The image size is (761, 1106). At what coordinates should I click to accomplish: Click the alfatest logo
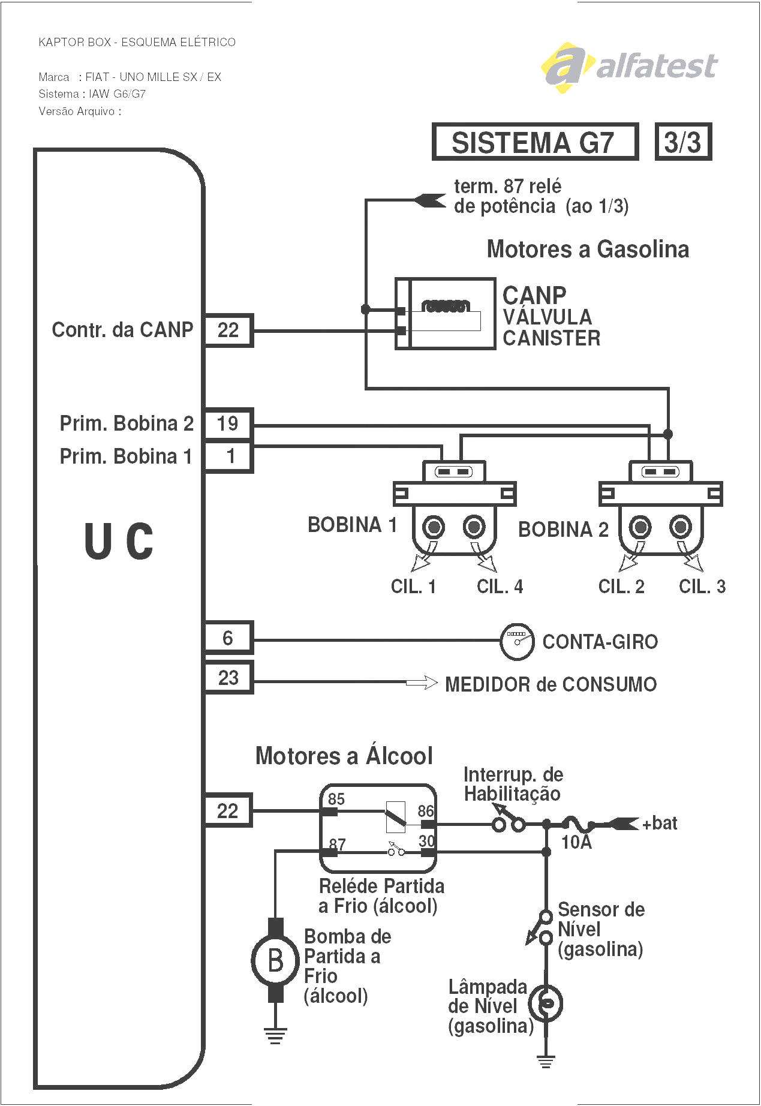(630, 67)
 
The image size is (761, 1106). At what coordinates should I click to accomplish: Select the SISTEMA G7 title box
(534, 142)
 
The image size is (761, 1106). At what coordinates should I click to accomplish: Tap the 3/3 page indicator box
(683, 142)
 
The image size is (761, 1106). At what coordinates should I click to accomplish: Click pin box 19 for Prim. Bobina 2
(228, 423)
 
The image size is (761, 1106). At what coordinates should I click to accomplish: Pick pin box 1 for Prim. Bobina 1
(229, 456)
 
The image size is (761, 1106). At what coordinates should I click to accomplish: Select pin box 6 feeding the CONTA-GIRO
(228, 638)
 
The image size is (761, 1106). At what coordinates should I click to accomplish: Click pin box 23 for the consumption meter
(228, 678)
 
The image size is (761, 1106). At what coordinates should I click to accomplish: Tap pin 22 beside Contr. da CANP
(228, 330)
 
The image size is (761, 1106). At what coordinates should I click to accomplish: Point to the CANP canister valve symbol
(445, 314)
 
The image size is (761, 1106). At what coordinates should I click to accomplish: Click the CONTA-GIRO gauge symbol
(517, 641)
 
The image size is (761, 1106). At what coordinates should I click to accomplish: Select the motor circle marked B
(275, 960)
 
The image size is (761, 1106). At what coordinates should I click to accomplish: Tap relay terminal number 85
(336, 799)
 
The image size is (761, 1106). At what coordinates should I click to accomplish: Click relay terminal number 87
(338, 844)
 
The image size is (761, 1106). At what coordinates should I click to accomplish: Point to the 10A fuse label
(576, 843)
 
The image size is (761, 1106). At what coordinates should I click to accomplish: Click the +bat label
(660, 824)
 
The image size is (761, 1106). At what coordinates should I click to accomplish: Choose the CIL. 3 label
(702, 587)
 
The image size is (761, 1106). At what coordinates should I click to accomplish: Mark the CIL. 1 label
(413, 587)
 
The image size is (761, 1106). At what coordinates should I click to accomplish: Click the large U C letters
(119, 541)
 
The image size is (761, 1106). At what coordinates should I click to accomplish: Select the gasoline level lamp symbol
(546, 1003)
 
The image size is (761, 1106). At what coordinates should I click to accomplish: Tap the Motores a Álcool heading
(344, 756)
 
